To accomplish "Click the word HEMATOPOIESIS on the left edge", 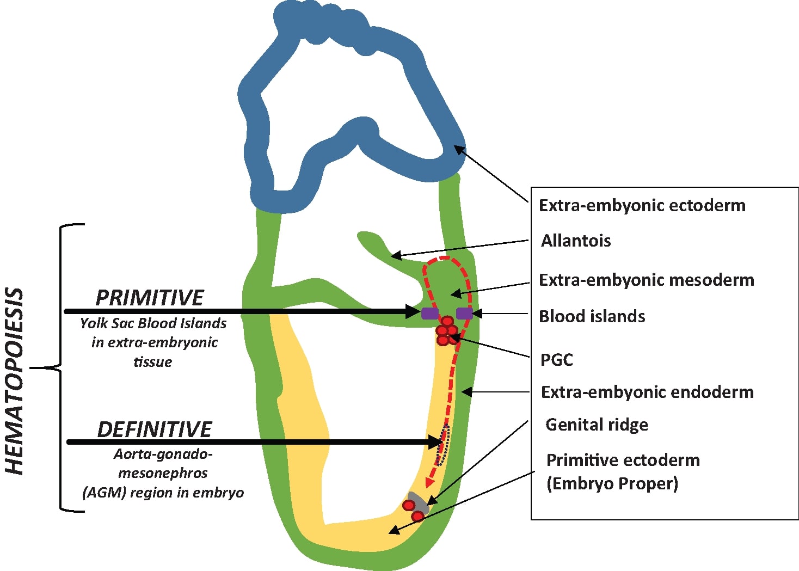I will tap(15, 381).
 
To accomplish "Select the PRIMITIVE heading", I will tap(150, 298).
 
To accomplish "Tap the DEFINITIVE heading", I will tap(155, 429).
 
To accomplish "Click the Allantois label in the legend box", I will tap(576, 241).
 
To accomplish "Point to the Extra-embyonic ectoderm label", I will tap(642, 205).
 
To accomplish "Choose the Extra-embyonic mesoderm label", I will tap(647, 280).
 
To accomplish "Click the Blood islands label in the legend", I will tap(592, 316).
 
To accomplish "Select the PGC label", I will tap(556, 360).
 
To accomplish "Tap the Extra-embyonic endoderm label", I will tap(647, 392).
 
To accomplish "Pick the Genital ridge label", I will tap(597, 425).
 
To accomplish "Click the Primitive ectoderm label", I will tap(623, 460).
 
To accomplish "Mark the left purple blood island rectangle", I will tap(429, 313).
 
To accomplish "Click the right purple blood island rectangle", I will tap(464, 313).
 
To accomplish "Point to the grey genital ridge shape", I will tap(418, 500).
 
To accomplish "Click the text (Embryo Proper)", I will tap(612, 483).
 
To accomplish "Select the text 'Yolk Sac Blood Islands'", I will tap(153, 323).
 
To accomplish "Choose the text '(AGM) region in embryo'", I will tap(163, 493).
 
